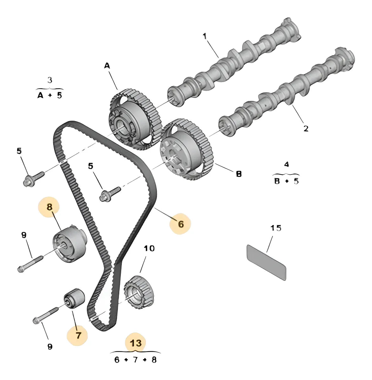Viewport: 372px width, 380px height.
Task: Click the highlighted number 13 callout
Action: click(x=136, y=343)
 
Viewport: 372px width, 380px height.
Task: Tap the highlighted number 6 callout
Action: click(x=180, y=224)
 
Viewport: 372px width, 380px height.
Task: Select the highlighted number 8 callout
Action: click(x=49, y=207)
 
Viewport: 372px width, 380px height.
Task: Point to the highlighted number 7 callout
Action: click(x=78, y=335)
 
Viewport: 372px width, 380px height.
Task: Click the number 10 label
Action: click(x=149, y=248)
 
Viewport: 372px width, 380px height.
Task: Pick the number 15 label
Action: click(x=276, y=228)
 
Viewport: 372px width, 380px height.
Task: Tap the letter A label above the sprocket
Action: click(x=107, y=66)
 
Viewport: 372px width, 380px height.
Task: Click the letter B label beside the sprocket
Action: click(x=238, y=174)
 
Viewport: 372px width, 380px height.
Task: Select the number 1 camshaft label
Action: click(x=205, y=36)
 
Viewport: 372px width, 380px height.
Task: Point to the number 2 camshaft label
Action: click(x=305, y=129)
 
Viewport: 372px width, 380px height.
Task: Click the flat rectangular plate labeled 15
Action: click(x=266, y=262)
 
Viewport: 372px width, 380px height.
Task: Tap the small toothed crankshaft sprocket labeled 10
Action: click(x=139, y=291)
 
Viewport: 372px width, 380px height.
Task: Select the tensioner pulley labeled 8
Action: click(x=69, y=243)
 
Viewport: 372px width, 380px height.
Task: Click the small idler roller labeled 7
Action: click(x=74, y=298)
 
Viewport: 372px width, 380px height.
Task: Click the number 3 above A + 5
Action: click(x=50, y=80)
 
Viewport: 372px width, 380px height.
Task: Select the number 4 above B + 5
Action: click(x=286, y=165)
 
